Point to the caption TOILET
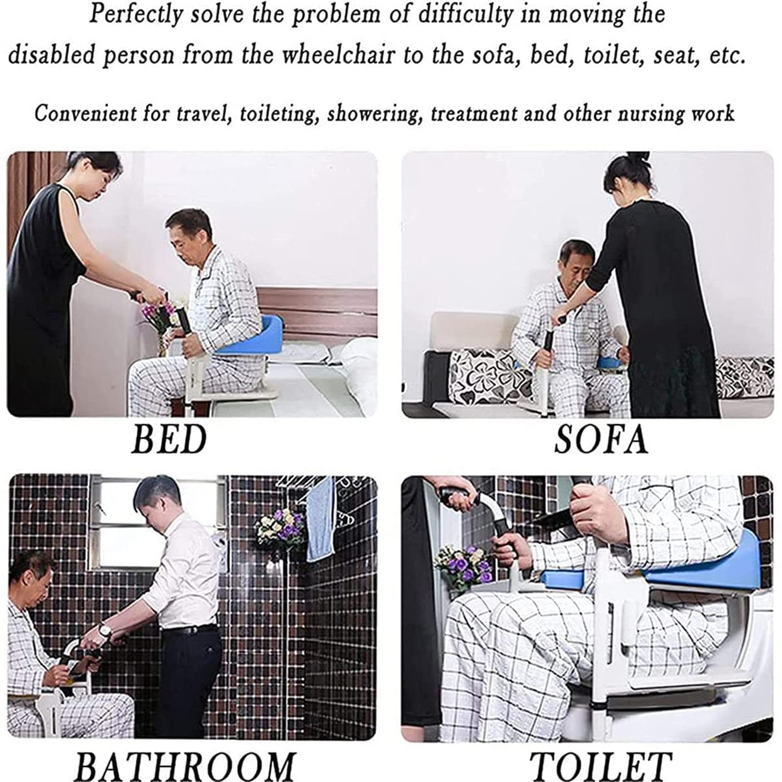coord(601,765)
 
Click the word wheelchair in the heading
coord(339,55)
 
